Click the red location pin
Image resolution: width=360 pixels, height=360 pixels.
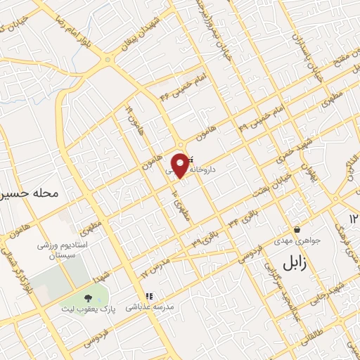point(181,165)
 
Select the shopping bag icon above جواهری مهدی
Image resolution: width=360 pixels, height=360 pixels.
point(298,229)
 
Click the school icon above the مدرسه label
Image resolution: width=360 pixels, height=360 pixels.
point(148,296)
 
